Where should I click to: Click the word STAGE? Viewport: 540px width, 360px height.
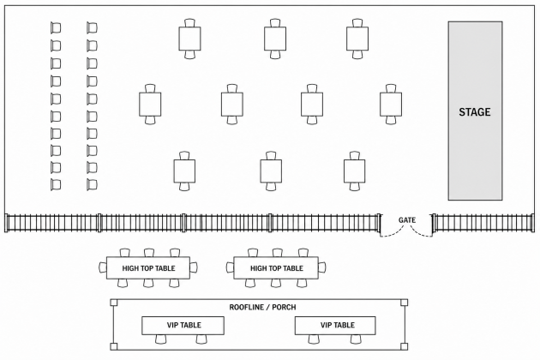pyautogui.click(x=475, y=112)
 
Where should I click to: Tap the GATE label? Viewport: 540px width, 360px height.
pyautogui.click(x=407, y=220)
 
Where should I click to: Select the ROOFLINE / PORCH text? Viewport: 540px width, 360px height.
pyautogui.click(x=262, y=307)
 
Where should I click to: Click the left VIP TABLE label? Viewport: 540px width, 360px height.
pyautogui.click(x=184, y=325)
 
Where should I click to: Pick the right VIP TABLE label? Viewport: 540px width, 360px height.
pyautogui.click(x=338, y=325)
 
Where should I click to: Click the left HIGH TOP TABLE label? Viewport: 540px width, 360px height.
pyautogui.click(x=148, y=268)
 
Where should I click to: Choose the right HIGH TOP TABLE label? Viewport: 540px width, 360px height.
pyautogui.click(x=277, y=268)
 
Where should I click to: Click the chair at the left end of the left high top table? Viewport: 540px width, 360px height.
pyautogui.click(x=103, y=267)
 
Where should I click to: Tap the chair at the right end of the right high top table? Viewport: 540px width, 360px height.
pyautogui.click(x=322, y=267)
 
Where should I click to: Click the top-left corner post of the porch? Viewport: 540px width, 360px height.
pyautogui.click(x=114, y=303)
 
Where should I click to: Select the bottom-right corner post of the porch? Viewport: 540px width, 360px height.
pyautogui.click(x=405, y=346)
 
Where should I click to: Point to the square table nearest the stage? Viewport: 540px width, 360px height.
pyautogui.click(x=391, y=104)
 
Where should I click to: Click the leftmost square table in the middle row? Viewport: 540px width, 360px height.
pyautogui.click(x=150, y=104)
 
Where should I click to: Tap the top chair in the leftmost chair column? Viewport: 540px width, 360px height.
pyautogui.click(x=56, y=27)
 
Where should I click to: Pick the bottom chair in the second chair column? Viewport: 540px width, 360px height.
pyautogui.click(x=92, y=184)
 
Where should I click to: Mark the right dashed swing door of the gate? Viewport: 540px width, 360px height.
pyautogui.click(x=420, y=231)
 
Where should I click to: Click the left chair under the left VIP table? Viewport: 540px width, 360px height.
pyautogui.click(x=161, y=339)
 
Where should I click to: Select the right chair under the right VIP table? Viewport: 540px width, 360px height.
pyautogui.click(x=356, y=339)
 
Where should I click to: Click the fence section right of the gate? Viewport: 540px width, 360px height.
pyautogui.click(x=483, y=223)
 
